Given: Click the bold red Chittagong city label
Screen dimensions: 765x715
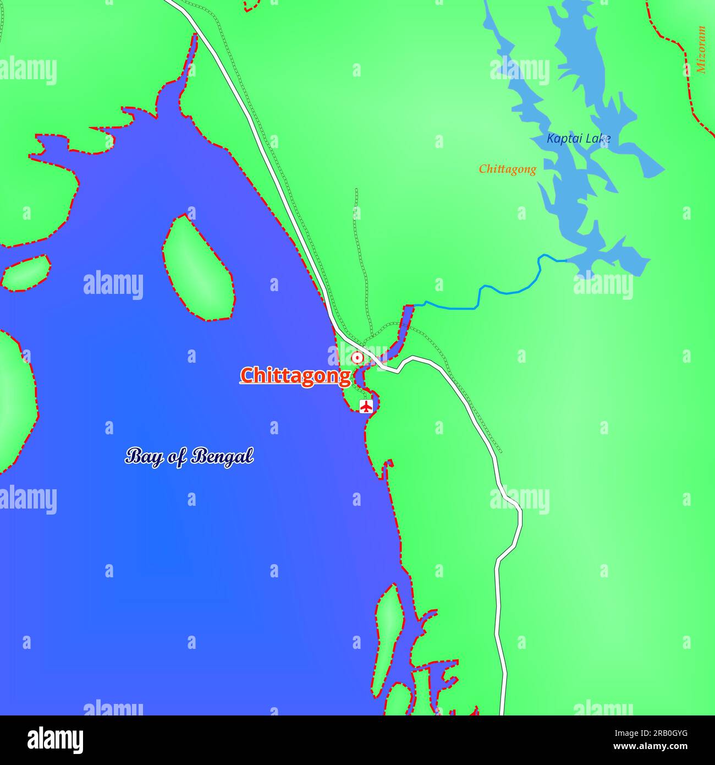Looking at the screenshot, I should (x=295, y=375).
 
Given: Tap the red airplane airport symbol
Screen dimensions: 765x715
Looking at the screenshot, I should (x=366, y=406).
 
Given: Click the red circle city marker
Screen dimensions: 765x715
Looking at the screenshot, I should (x=358, y=358).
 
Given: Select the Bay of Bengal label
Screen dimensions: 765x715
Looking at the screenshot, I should (x=189, y=456).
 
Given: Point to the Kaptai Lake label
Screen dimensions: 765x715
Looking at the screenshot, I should (x=578, y=139).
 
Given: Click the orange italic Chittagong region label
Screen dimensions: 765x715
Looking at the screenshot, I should (x=507, y=169).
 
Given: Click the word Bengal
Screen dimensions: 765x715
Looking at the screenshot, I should (x=223, y=456).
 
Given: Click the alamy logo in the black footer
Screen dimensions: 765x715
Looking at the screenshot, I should (x=56, y=740).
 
